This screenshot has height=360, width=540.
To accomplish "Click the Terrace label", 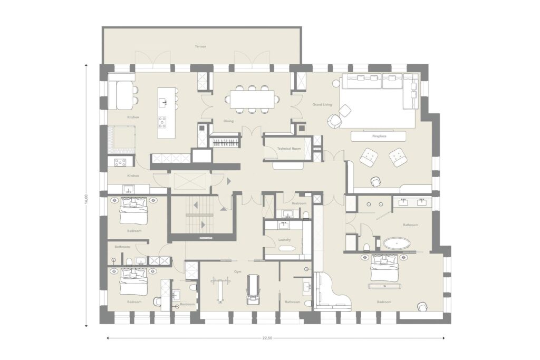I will pos(200,46).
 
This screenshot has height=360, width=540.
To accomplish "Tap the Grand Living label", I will pos(321,105).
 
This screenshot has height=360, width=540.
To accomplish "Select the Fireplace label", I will pos(379,136).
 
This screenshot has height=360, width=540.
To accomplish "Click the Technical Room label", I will pos(289,149).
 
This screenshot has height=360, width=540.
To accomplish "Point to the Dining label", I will pos(228,121).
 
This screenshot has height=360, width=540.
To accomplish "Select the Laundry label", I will pos(285,240).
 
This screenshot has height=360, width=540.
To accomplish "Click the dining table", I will pos(252,99).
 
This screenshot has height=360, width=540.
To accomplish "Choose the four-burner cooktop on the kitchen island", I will pos(163,122).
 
